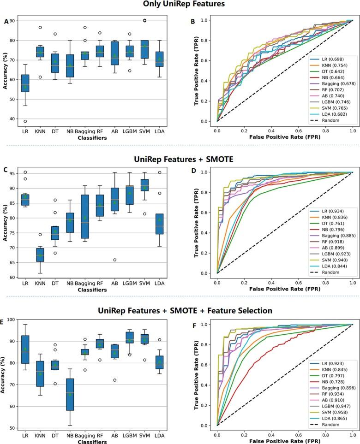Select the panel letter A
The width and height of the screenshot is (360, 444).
click(6, 21)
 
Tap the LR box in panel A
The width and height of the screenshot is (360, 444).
click(25, 83)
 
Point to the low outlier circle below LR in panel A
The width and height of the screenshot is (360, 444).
click(25, 121)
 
